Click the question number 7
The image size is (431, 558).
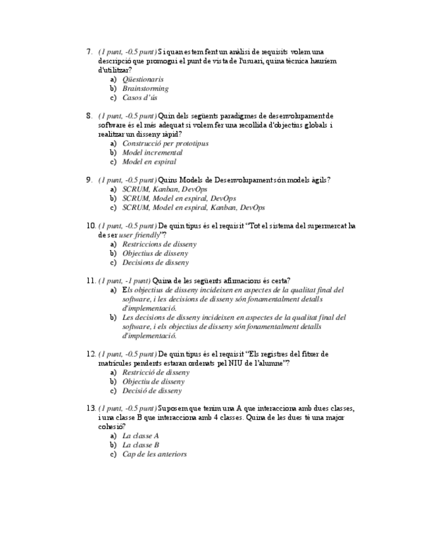(x=89, y=51)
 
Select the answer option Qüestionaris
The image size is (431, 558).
(x=143, y=79)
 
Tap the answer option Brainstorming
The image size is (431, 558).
(x=145, y=88)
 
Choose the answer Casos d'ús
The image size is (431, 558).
(x=139, y=98)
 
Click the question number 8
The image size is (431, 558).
(x=89, y=116)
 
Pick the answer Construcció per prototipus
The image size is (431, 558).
(x=165, y=143)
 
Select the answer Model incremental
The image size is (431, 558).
(x=152, y=152)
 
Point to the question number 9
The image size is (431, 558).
(x=89, y=180)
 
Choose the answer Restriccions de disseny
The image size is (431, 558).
(x=159, y=244)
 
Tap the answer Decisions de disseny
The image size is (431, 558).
(x=155, y=263)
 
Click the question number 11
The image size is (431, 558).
(x=91, y=280)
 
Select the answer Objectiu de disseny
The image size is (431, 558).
(x=153, y=381)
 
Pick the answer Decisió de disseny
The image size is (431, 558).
(x=152, y=390)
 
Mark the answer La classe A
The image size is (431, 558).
(x=141, y=436)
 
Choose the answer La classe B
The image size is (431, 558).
(x=141, y=445)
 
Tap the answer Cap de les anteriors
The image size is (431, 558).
(x=155, y=454)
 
